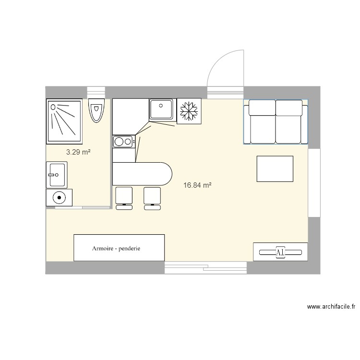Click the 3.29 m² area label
click(x=79, y=152)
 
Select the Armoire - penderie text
click(x=119, y=249)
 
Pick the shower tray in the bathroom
click(x=64, y=121)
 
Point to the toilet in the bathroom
click(x=96, y=111)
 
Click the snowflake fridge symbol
click(x=189, y=111)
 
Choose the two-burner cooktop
click(x=123, y=141)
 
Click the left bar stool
click(x=124, y=198)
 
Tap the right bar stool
click(x=153, y=198)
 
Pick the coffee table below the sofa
click(x=275, y=168)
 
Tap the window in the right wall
click(x=314, y=182)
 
